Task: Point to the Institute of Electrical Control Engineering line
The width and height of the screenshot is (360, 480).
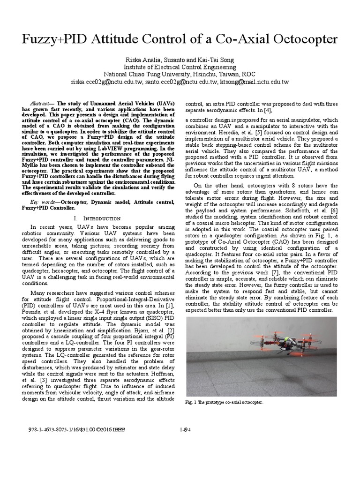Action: click(x=180, y=67)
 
